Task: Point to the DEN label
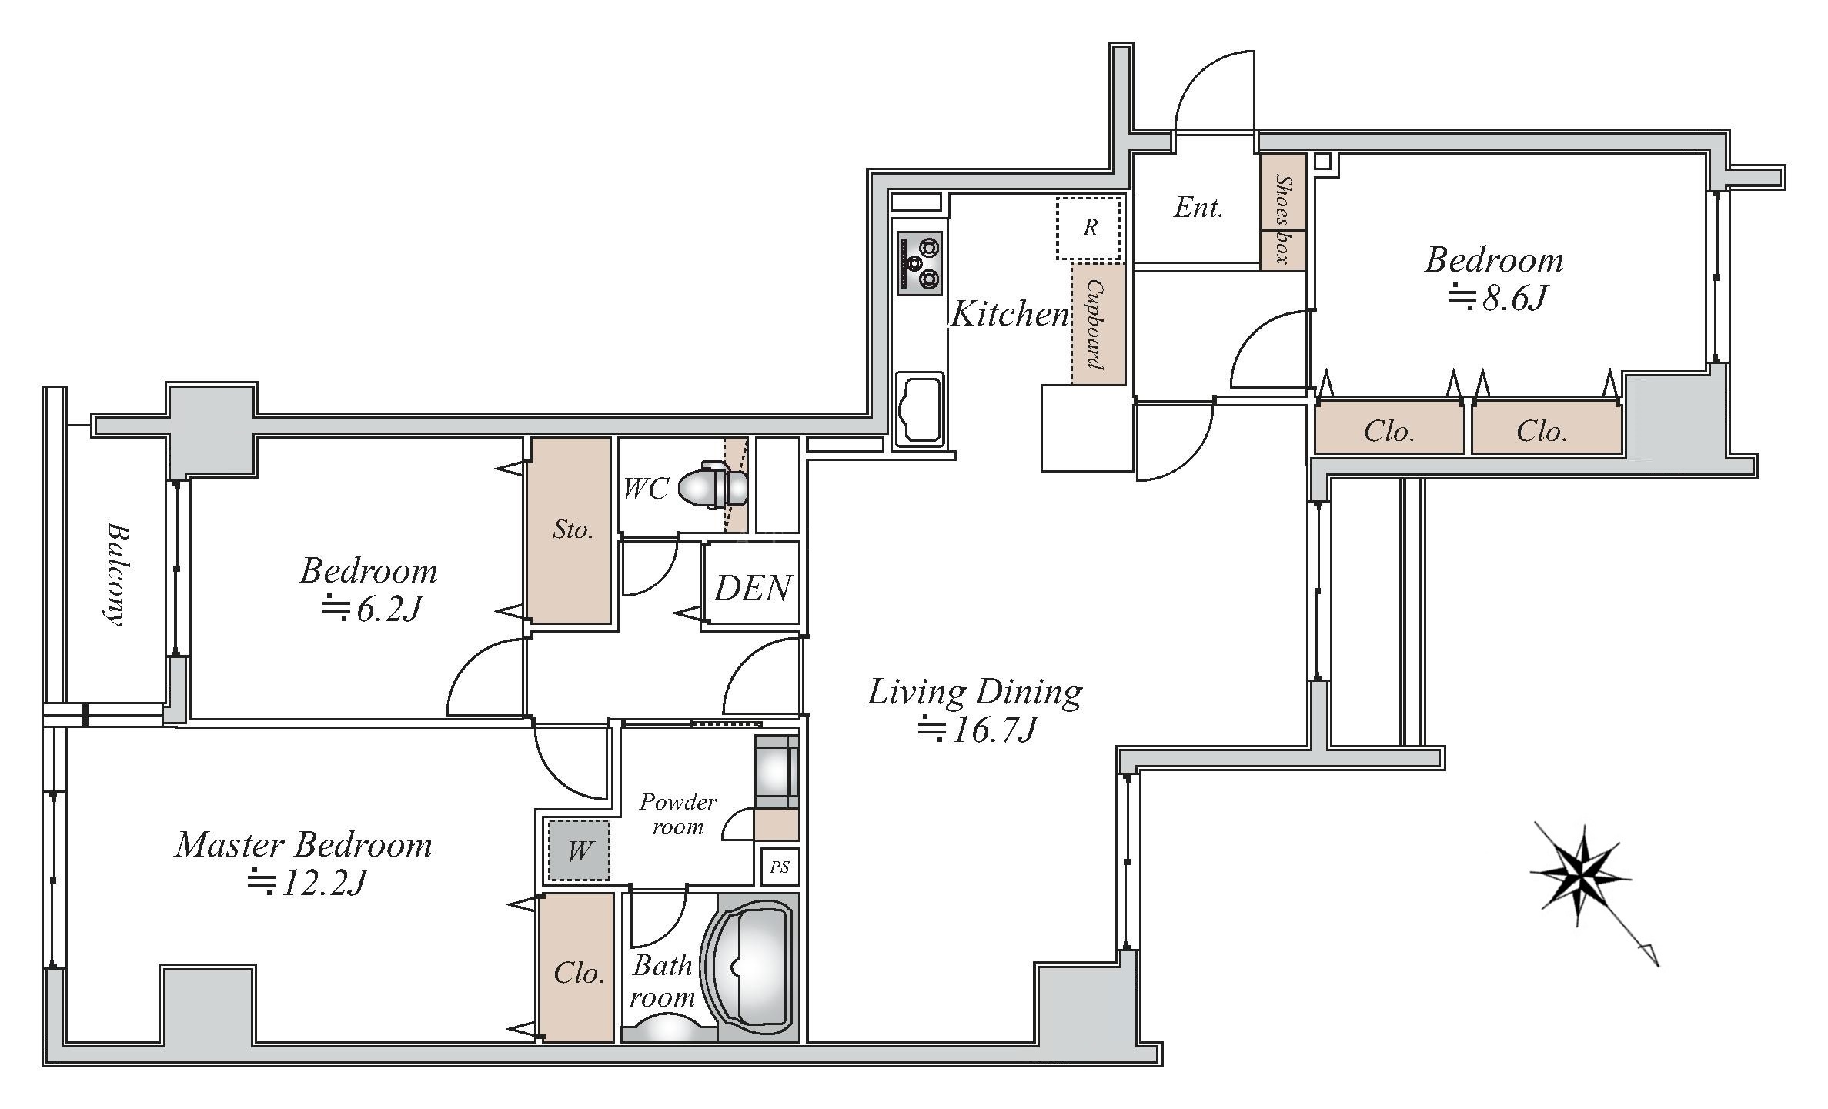click(x=752, y=589)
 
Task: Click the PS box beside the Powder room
click(x=780, y=867)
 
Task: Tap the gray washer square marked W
click(x=578, y=851)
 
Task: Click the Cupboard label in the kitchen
click(x=1096, y=324)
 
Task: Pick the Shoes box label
click(x=1283, y=219)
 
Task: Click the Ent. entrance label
click(x=1198, y=207)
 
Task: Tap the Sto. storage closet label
click(x=573, y=529)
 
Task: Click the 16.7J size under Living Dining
click(x=977, y=729)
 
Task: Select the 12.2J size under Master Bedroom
click(x=306, y=882)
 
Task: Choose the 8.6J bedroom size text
click(x=1497, y=297)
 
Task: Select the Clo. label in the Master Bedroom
click(x=579, y=974)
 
